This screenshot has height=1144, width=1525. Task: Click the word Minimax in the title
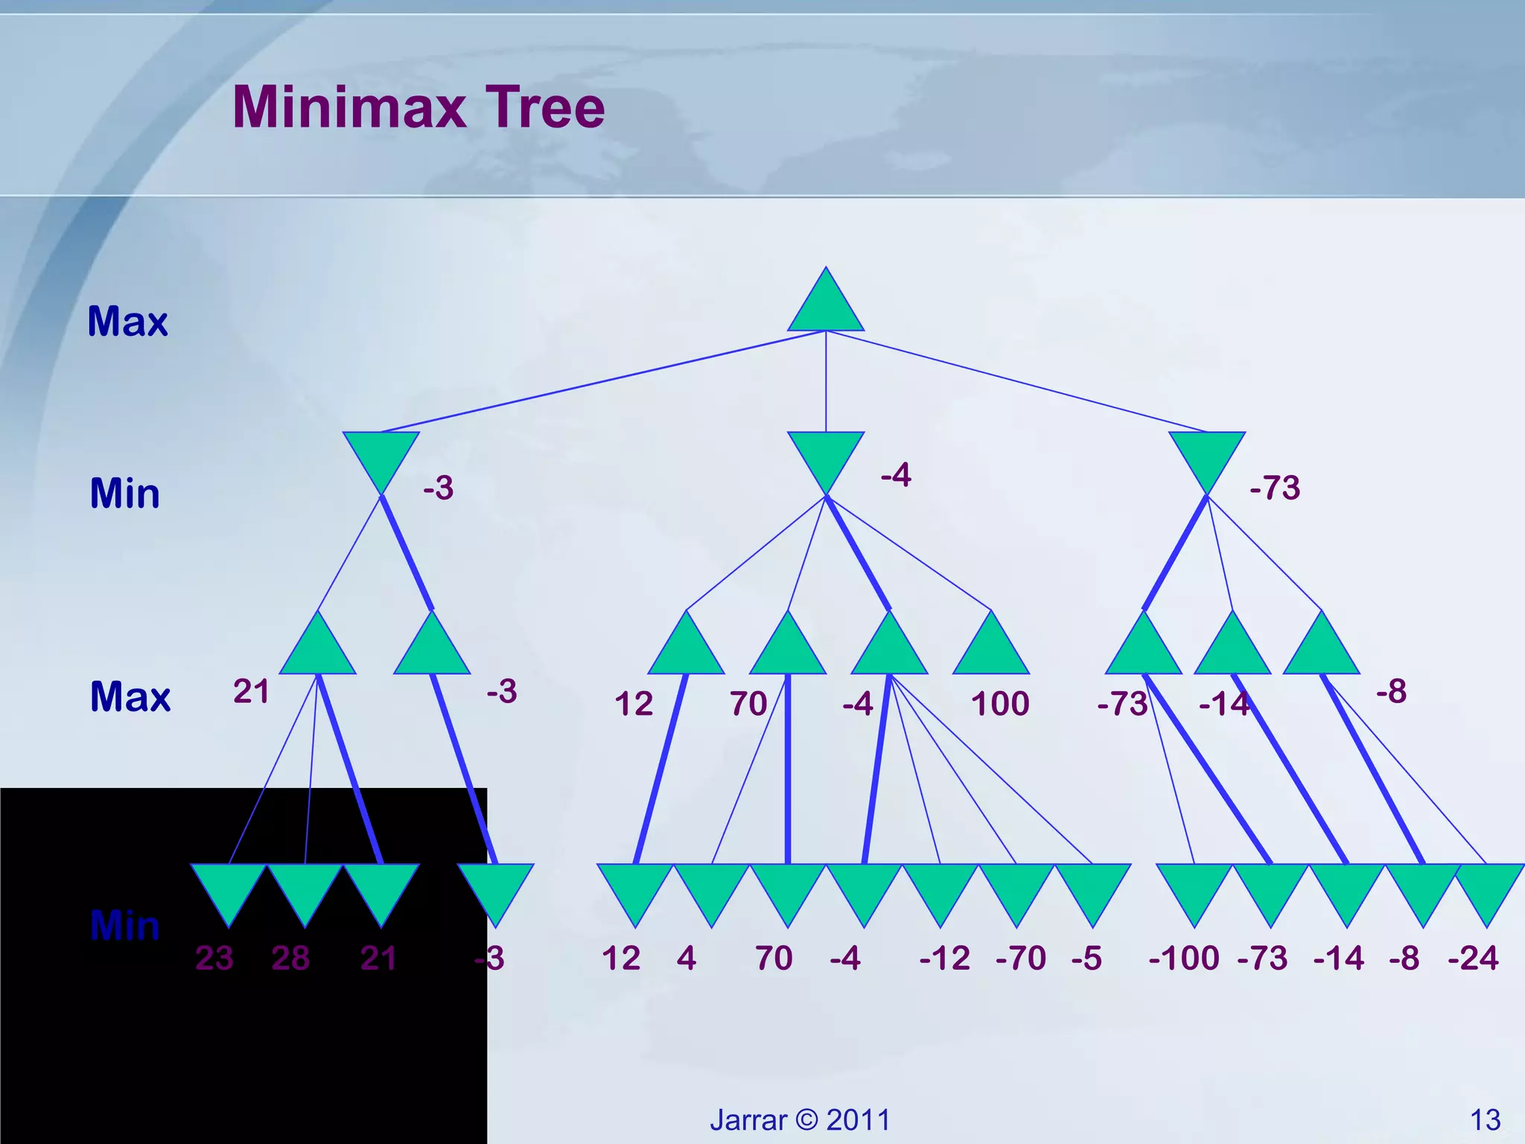coord(349,107)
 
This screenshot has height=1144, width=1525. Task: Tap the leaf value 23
coord(214,958)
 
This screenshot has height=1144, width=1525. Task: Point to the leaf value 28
coord(290,958)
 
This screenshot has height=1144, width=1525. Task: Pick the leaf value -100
coord(1184,958)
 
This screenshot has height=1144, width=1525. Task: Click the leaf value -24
coord(1473,958)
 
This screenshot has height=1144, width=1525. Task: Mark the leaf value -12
coord(945,958)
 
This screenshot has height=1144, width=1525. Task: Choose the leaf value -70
coord(1021,958)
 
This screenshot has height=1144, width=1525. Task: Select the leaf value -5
coord(1086,958)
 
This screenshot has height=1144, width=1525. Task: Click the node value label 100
coord(1000,704)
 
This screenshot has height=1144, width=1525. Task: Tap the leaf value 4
coord(687,958)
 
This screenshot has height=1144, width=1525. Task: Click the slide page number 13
coord(1485,1120)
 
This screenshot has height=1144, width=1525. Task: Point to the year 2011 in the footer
coord(859,1120)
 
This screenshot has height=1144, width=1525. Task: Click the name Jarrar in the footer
coord(748,1120)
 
